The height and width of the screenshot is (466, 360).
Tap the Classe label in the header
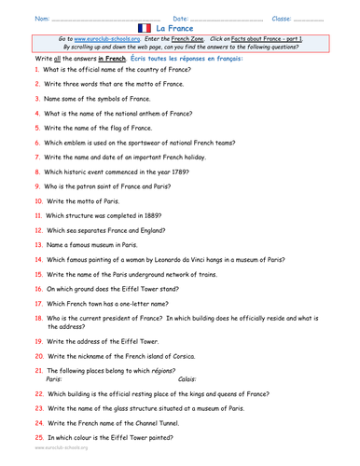click(x=283, y=18)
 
